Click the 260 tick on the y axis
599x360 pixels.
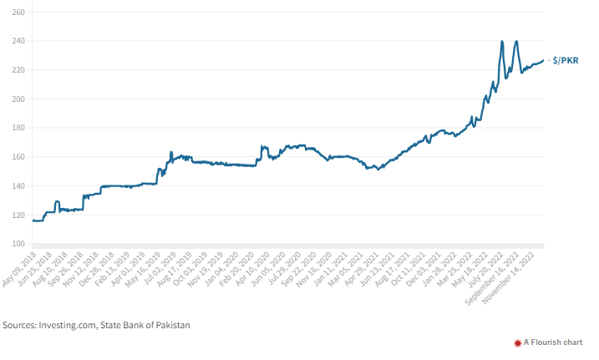[18, 13]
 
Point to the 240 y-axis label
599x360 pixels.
[18, 41]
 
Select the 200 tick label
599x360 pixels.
[18, 99]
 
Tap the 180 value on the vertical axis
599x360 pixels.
[18, 128]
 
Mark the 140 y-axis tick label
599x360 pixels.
[18, 186]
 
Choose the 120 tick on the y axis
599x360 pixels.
[18, 215]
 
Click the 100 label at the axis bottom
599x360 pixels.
[18, 244]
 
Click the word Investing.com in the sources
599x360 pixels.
[72, 325]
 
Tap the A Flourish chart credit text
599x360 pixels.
[556, 342]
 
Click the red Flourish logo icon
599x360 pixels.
[518, 342]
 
